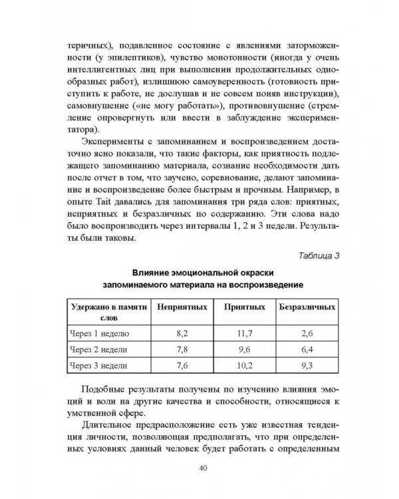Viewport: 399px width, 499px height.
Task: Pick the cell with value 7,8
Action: tap(181, 350)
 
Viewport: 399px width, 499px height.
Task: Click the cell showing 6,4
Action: tap(307, 350)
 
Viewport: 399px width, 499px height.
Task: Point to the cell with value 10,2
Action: tap(239, 366)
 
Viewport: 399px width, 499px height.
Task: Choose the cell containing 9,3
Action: tap(307, 366)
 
